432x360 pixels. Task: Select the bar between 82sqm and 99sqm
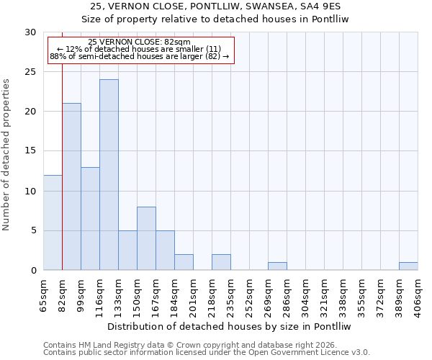[71, 186]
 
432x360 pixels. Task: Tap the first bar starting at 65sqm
[53, 222]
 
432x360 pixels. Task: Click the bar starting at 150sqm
[146, 238]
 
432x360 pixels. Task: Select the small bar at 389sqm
[408, 266]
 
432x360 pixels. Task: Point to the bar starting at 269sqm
[277, 266]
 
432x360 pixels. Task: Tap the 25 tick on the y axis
[31, 72]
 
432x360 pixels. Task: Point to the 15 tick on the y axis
[31, 151]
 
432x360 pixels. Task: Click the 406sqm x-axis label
[418, 294]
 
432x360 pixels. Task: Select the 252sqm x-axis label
[249, 294]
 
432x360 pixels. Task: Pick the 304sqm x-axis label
[305, 294]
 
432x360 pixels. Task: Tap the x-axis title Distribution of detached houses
[230, 326]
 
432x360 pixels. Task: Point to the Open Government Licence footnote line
[207, 352]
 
